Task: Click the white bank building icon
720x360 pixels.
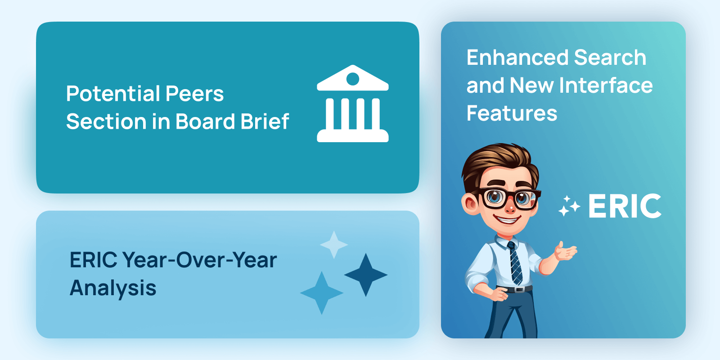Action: pyautogui.click(x=353, y=103)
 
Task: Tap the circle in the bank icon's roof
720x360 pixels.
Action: pyautogui.click(x=353, y=79)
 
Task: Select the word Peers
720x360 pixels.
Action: pyautogui.click(x=194, y=94)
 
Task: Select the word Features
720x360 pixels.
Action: pyautogui.click(x=512, y=113)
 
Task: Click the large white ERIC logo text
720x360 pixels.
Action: pyautogui.click(x=625, y=206)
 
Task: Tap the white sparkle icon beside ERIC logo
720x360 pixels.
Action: pyautogui.click(x=569, y=206)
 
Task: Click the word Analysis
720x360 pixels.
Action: pyautogui.click(x=113, y=288)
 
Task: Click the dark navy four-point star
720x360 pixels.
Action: pyautogui.click(x=366, y=275)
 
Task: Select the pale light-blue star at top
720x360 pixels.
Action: pyautogui.click(x=334, y=245)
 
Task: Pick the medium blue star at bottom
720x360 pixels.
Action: pyautogui.click(x=321, y=293)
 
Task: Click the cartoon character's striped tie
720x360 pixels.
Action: pyautogui.click(x=515, y=263)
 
